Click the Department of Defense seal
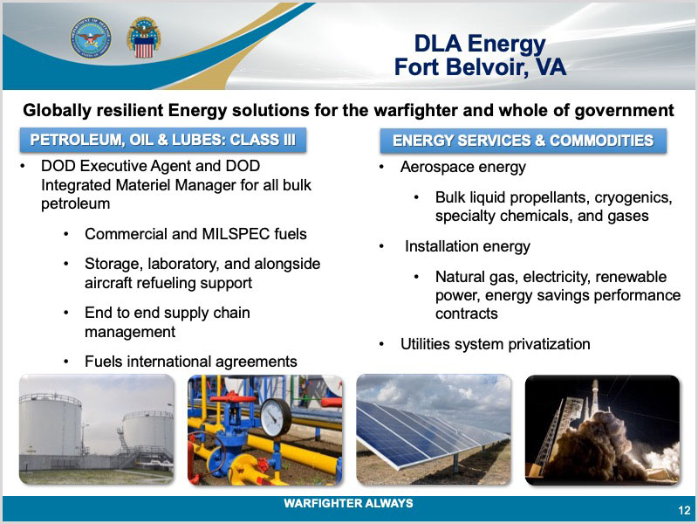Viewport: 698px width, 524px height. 91,38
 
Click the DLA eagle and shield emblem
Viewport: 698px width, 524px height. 144,38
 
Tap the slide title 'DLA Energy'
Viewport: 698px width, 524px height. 480,44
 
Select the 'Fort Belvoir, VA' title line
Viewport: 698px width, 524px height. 480,67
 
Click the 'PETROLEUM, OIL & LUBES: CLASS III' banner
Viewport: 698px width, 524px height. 163,140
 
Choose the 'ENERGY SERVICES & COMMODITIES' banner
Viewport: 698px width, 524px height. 523,141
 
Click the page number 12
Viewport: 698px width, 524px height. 684,510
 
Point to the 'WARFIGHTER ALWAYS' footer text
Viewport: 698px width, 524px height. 348,504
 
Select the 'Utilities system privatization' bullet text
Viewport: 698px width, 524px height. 495,344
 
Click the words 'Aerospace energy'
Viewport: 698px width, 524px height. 463,167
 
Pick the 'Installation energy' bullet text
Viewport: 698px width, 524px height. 468,246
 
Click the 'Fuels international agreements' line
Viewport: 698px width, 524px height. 190,362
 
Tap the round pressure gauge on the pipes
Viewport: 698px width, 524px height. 276,417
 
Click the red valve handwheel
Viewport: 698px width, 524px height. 232,397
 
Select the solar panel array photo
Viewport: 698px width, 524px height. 434,430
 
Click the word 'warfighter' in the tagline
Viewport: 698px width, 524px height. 416,111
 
